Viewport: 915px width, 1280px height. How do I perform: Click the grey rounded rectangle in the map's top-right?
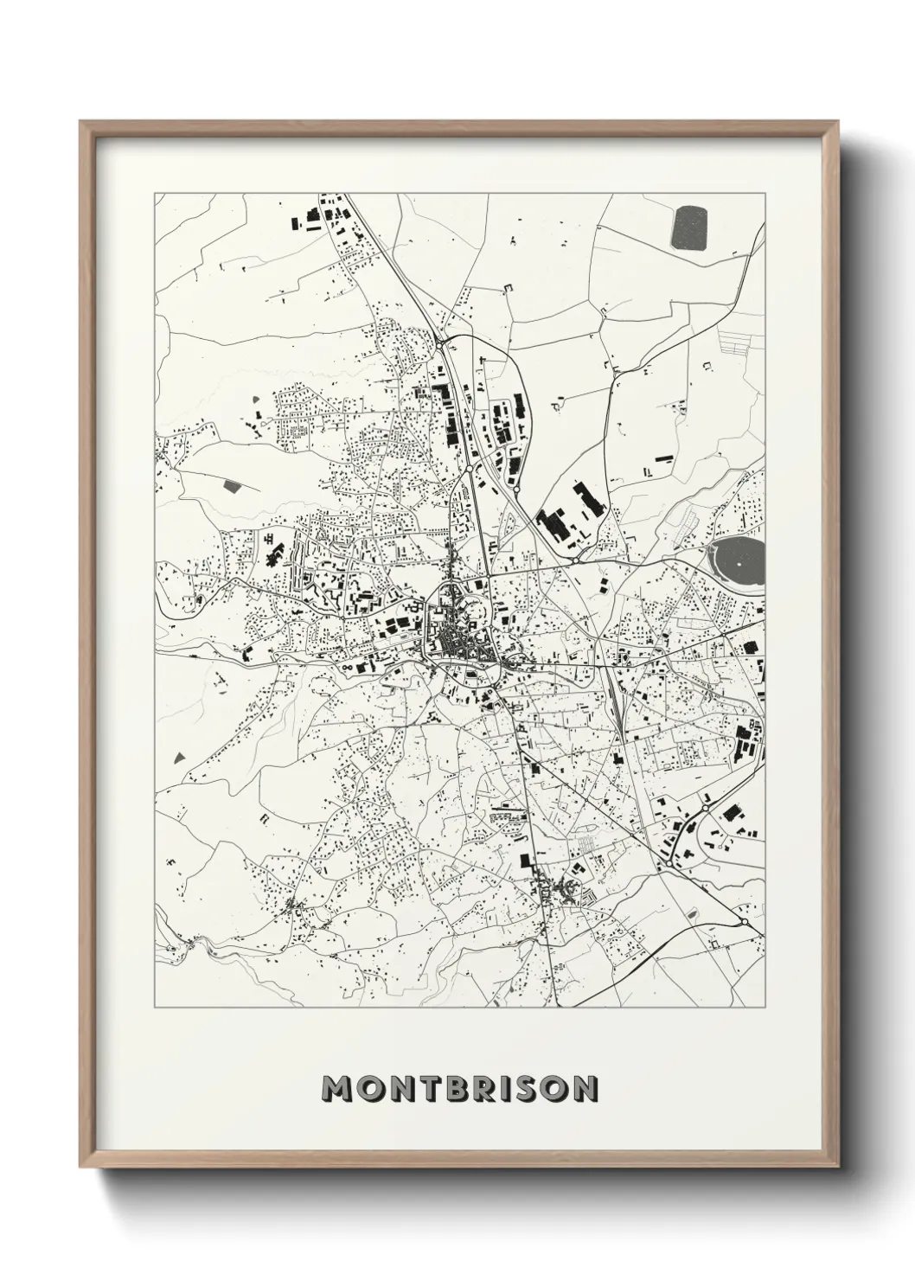(688, 227)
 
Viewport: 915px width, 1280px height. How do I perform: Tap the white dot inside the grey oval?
(741, 564)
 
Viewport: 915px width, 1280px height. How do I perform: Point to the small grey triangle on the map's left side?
(179, 757)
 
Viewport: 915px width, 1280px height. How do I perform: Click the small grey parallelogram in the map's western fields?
(232, 485)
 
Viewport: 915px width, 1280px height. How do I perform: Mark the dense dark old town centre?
(451, 642)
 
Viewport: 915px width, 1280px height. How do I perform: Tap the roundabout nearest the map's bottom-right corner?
(743, 922)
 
